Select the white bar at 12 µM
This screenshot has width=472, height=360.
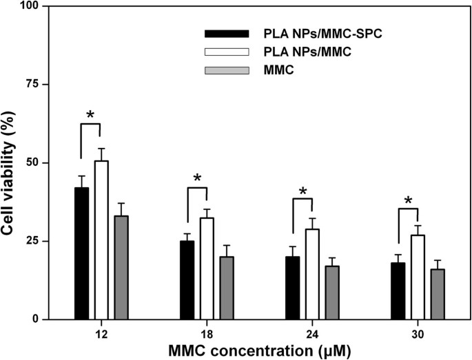pyautogui.click(x=101, y=240)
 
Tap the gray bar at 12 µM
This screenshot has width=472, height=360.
pyautogui.click(x=121, y=268)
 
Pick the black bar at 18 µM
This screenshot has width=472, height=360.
pyautogui.click(x=187, y=280)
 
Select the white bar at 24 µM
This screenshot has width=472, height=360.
pyautogui.click(x=312, y=274)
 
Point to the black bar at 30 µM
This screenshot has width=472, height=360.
pyautogui.click(x=398, y=291)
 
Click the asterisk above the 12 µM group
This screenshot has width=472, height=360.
pyautogui.click(x=90, y=115)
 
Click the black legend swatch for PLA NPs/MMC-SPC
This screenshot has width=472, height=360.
pyautogui.click(x=226, y=34)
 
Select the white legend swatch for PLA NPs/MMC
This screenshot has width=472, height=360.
pyautogui.click(x=226, y=52)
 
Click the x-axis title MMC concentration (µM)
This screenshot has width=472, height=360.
pyautogui.click(x=260, y=350)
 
